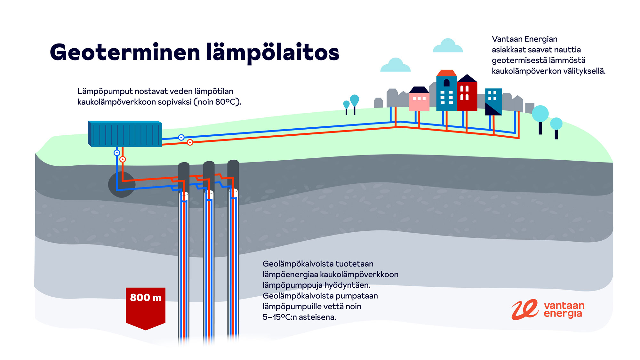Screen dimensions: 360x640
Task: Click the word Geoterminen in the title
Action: [125, 53]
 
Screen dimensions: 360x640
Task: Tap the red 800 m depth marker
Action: [146, 306]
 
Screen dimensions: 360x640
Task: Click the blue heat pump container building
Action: [125, 134]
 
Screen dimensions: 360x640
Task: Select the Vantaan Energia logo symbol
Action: [525, 309]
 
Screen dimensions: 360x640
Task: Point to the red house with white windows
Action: [467, 94]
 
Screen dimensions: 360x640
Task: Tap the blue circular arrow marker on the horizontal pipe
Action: [181, 137]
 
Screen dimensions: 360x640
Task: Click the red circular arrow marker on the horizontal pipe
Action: [190, 142]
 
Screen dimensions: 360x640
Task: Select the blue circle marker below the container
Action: [117, 153]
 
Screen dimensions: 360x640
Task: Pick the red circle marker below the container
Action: [123, 159]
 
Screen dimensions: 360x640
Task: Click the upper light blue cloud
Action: [448, 46]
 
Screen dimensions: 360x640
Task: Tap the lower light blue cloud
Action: [396, 66]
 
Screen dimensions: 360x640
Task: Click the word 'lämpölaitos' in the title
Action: [273, 53]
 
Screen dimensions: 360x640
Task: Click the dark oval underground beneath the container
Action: [122, 185]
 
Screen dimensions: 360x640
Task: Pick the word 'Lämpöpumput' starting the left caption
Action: [105, 92]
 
